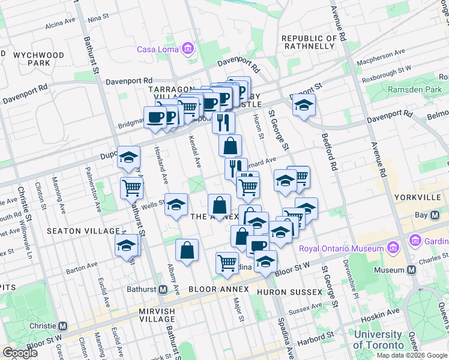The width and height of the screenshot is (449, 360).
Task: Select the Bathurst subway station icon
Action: click(x=163, y=289)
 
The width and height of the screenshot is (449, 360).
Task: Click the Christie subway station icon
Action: click(x=62, y=326)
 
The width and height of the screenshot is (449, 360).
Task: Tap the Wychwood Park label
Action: click(x=39, y=59)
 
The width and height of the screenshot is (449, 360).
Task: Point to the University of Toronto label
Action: click(x=378, y=340)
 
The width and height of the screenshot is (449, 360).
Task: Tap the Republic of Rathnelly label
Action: click(x=309, y=42)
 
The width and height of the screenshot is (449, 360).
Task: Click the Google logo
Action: click(x=20, y=352)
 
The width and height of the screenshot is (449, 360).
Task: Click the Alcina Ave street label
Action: click(x=60, y=25)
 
